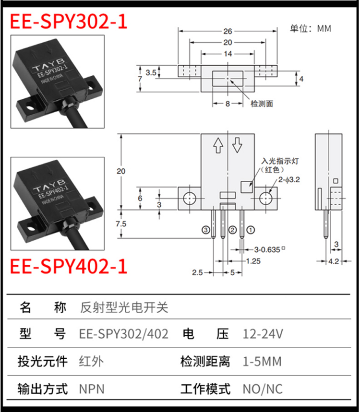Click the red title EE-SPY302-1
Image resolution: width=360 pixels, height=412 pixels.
tap(69, 21)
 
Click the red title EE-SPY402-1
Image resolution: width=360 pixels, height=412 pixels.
tap(69, 266)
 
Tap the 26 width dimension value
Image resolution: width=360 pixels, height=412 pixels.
tap(228, 31)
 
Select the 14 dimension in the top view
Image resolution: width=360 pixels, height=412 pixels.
tap(228, 54)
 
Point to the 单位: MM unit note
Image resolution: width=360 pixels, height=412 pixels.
tap(311, 28)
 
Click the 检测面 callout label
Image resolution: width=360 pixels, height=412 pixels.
tap(262, 104)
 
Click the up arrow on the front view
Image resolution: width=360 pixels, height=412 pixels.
tap(218, 145)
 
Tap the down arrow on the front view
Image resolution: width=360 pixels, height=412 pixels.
tap(237, 145)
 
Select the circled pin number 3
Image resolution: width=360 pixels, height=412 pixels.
tap(205, 230)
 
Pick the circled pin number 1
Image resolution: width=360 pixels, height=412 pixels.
tap(251, 230)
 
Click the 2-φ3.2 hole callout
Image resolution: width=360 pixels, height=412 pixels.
tap(289, 180)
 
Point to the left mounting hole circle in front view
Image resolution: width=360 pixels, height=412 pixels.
tap(189, 199)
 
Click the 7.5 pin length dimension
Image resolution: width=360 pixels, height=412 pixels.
tap(121, 224)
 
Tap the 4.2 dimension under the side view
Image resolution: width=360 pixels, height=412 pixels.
tap(334, 261)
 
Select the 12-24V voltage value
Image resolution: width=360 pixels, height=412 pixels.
tap(263, 334)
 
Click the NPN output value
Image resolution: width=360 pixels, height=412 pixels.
tap(92, 389)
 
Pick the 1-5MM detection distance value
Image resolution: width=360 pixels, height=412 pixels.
tap(262, 362)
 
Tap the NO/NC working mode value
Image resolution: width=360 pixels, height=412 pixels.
tap(263, 389)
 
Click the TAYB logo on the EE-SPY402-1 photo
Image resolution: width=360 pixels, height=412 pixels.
tap(49, 185)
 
